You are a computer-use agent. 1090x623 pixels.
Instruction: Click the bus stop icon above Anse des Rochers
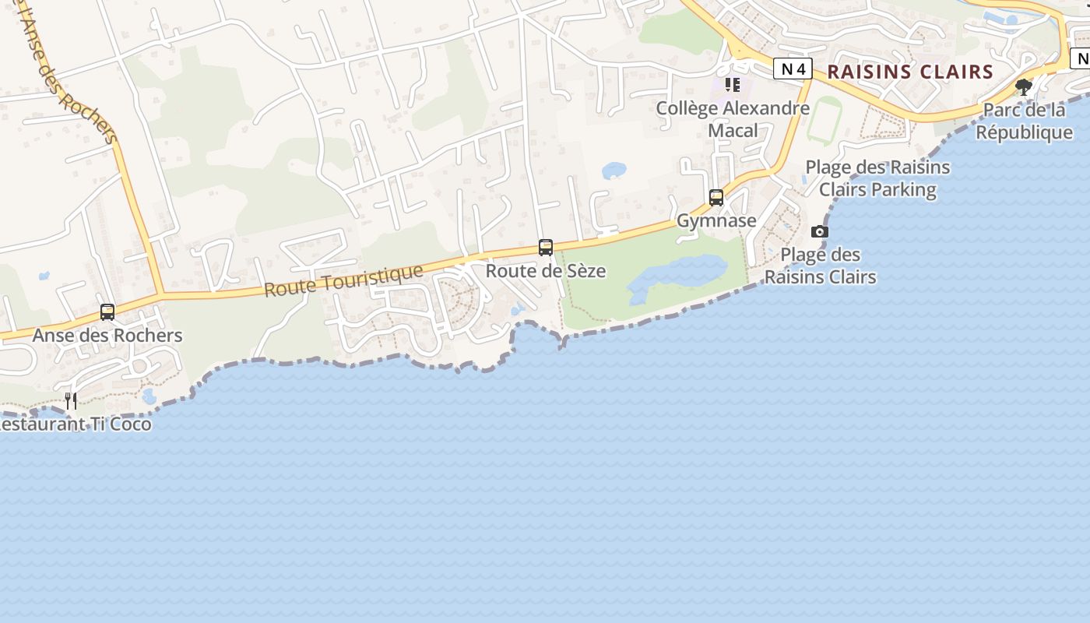[107, 312]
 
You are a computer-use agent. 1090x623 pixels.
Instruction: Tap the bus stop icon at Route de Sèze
[546, 248]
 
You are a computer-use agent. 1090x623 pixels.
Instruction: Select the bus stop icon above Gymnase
[716, 198]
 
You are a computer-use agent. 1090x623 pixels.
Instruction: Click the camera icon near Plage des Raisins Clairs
[820, 231]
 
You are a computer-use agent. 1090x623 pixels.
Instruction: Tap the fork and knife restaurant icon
[71, 401]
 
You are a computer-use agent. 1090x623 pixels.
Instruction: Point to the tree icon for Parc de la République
[1024, 86]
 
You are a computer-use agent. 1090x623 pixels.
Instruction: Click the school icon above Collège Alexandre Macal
[732, 84]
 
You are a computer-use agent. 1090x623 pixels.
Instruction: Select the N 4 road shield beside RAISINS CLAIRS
[793, 69]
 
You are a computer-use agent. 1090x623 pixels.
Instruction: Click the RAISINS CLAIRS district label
[910, 72]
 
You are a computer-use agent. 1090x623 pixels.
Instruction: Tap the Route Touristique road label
[343, 280]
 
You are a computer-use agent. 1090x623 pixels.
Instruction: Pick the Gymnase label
[716, 220]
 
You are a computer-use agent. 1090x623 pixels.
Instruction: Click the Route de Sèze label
[546, 271]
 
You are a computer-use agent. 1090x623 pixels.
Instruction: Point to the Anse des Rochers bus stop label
[107, 336]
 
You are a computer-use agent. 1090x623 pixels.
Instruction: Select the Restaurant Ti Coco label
[76, 424]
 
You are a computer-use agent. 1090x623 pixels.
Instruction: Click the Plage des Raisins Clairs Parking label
[877, 178]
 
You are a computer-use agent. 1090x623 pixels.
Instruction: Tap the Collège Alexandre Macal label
[733, 119]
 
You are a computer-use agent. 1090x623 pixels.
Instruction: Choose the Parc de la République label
[1024, 121]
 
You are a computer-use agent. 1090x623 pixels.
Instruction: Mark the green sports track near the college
[824, 121]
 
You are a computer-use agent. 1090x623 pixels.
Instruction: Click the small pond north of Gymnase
[614, 170]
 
